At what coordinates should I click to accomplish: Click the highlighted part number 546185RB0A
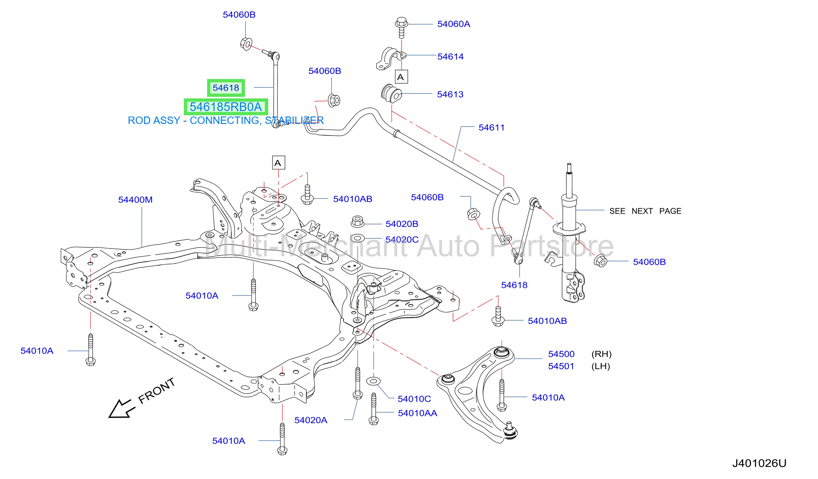[x=226, y=107]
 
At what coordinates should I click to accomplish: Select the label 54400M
[x=135, y=200]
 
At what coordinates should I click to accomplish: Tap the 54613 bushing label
[x=450, y=95]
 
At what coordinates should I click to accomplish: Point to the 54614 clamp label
[x=450, y=56]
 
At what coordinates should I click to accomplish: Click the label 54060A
[x=454, y=24]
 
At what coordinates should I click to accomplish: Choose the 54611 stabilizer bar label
[x=491, y=127]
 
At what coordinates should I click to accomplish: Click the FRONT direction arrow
[x=121, y=409]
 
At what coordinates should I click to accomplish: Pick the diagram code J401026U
[x=759, y=463]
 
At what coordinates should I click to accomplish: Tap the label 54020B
[x=402, y=224]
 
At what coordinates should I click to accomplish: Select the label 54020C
[x=402, y=240]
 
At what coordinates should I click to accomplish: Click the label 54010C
[x=414, y=399]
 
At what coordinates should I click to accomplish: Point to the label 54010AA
[x=418, y=413]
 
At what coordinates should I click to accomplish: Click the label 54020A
[x=311, y=421]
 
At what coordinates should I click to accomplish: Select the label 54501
[x=561, y=367]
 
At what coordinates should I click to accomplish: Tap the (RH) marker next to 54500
[x=601, y=354]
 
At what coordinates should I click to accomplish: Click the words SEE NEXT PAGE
[x=645, y=211]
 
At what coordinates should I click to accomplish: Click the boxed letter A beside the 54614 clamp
[x=401, y=77]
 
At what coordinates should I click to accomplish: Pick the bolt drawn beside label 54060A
[x=401, y=28]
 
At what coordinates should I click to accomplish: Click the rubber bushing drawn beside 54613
[x=391, y=94]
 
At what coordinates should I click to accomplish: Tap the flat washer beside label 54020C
[x=358, y=239]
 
